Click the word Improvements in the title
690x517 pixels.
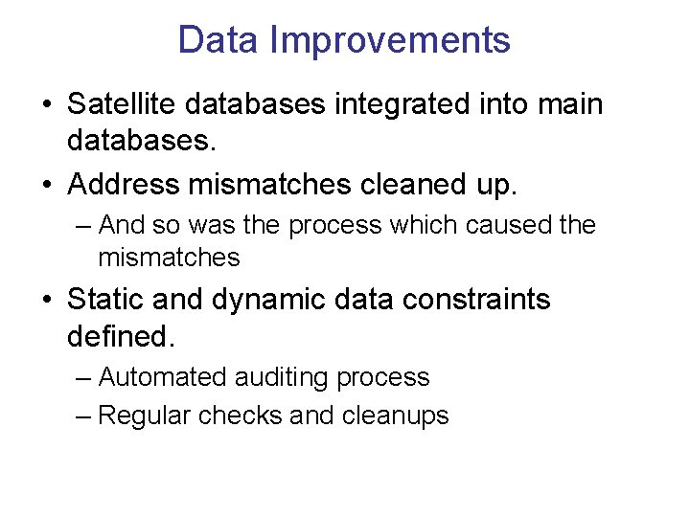(390, 40)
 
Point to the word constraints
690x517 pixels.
(476, 300)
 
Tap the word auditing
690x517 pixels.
(283, 378)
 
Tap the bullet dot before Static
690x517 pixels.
(47, 301)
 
